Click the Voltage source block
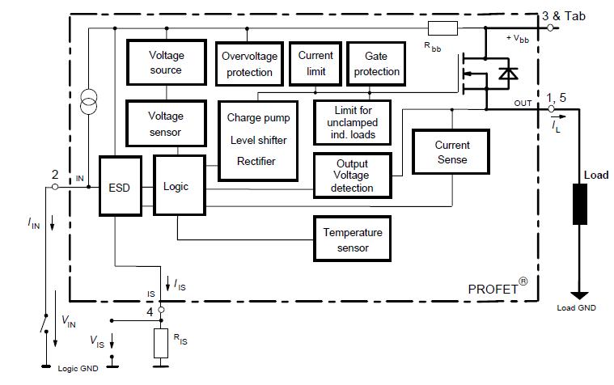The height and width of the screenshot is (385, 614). tap(166, 63)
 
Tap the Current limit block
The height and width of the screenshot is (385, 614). tap(315, 64)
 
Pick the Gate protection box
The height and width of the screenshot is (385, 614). tap(376, 64)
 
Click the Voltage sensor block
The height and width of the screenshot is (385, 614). tap(166, 124)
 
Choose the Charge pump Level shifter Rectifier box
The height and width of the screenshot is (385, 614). tap(257, 139)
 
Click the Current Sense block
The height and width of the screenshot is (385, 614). tap(452, 152)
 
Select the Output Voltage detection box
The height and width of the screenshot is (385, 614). tap(352, 176)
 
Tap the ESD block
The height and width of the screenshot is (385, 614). tap(119, 186)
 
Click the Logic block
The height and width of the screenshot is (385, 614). tap(176, 186)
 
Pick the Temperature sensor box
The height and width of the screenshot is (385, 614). tap(352, 239)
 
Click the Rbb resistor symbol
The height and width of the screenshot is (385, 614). tap(443, 28)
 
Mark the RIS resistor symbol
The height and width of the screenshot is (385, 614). tap(161, 343)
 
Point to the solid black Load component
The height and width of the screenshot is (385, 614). tap(580, 203)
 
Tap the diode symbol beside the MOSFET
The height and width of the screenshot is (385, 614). tap(508, 74)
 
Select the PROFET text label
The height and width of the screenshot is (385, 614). tap(494, 289)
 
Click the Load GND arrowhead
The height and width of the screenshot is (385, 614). tap(580, 295)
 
